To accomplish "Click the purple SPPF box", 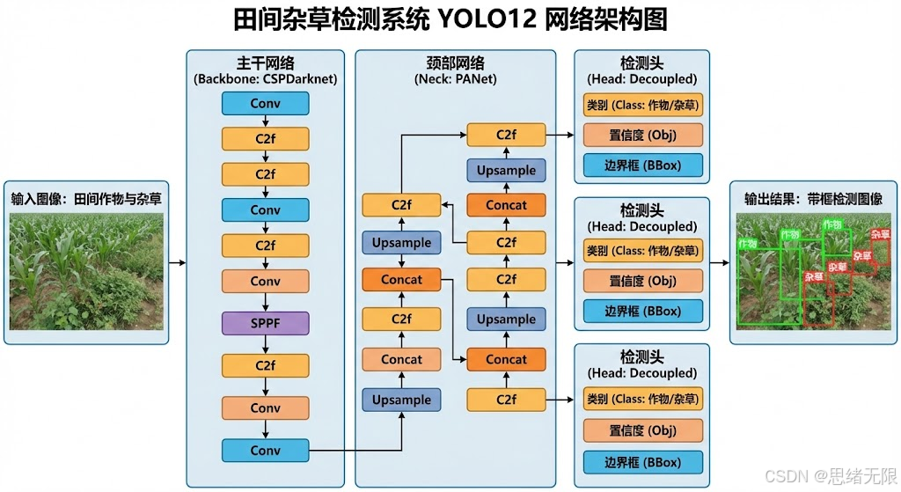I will [265, 323].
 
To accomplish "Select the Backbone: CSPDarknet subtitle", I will [265, 79].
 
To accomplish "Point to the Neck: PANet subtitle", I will [455, 79].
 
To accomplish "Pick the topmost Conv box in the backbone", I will [265, 104].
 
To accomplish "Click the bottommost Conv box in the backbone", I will [265, 451].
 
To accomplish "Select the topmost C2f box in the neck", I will [506, 135].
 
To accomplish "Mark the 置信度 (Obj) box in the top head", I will [643, 135].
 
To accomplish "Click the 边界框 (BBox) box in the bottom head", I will [643, 462].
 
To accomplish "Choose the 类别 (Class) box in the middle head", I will [643, 252].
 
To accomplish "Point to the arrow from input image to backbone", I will [177, 262].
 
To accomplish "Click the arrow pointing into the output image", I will [720, 262].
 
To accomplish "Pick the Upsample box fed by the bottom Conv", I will [401, 400].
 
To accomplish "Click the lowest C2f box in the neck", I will [506, 400].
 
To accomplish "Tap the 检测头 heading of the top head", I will [642, 63].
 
